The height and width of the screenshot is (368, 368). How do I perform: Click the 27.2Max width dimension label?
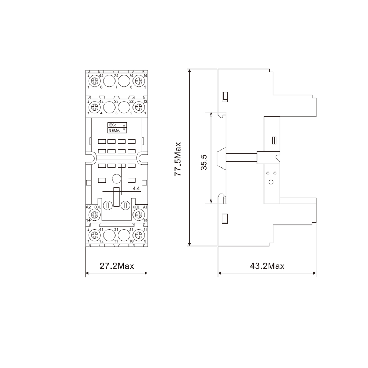117,266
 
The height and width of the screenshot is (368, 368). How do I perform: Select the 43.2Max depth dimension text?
267,266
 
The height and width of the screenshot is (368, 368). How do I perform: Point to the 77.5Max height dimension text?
178,159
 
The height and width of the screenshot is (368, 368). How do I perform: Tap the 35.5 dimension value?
204,162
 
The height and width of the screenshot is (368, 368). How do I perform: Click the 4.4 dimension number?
136,188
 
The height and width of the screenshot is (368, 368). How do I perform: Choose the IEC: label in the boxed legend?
112,125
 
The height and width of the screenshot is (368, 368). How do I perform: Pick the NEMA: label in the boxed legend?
114,131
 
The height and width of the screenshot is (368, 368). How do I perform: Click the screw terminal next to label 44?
95,81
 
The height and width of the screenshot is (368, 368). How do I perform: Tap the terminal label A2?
88,207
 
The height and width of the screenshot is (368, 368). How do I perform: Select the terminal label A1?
145,207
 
